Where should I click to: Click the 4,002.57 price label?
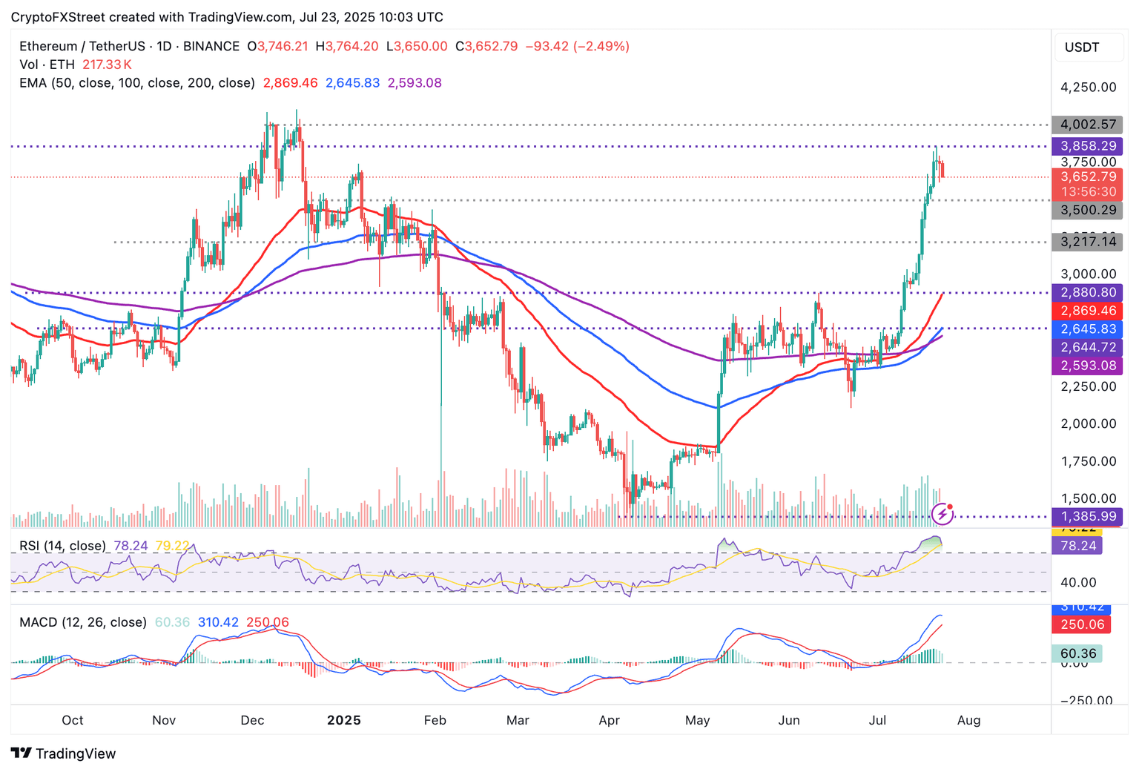coord(1087,125)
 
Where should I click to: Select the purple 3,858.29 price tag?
coord(1087,146)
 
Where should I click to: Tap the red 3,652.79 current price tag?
coord(1087,177)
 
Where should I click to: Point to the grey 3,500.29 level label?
coord(1087,210)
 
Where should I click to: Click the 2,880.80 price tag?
coord(1087,292)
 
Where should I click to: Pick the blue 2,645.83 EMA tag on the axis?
coord(1087,329)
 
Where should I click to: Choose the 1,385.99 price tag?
coord(1087,517)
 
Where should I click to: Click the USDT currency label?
coord(1082,47)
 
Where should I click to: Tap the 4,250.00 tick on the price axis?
coord(1088,88)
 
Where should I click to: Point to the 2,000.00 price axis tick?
coord(1088,423)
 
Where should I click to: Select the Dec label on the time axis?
coord(252,720)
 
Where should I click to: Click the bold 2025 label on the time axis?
coord(344,720)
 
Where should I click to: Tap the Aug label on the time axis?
coord(968,720)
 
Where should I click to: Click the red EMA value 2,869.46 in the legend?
coord(290,83)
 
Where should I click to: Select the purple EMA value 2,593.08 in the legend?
coord(415,83)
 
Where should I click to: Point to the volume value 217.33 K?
coord(107,65)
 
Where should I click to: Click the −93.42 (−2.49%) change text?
coord(577,46)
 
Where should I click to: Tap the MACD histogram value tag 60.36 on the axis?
coord(1077,653)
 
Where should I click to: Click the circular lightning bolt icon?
coord(942,512)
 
